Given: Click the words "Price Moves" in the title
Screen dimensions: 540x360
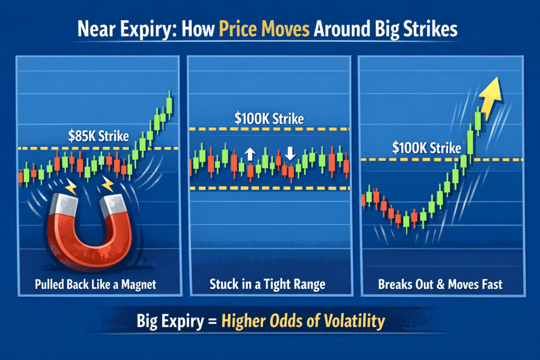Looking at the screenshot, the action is coord(264,29).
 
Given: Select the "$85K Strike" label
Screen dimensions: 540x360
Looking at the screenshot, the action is coord(99,136).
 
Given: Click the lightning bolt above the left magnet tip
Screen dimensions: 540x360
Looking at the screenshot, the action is coord(71,186).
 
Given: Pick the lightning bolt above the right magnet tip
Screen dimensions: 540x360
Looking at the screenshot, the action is coord(108,184).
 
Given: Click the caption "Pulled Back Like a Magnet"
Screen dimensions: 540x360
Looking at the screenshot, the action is coord(95,285).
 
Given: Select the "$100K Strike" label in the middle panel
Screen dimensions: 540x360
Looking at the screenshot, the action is coord(269,119).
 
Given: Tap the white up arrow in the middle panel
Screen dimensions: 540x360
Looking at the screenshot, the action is coord(250,154).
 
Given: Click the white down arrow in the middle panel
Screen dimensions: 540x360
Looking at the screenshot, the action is coord(290,153).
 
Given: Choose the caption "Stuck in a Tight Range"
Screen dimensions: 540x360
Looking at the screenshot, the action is coord(267,285).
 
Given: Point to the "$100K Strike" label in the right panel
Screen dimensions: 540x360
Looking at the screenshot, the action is coord(426,148).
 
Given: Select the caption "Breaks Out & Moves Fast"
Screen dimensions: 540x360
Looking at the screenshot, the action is coord(440,285).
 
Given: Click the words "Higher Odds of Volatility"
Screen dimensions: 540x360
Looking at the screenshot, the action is coord(303,321).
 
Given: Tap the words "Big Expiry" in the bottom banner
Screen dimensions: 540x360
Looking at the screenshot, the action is coord(170,322).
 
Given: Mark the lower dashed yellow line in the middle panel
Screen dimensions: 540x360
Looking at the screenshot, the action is coord(269,188).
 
